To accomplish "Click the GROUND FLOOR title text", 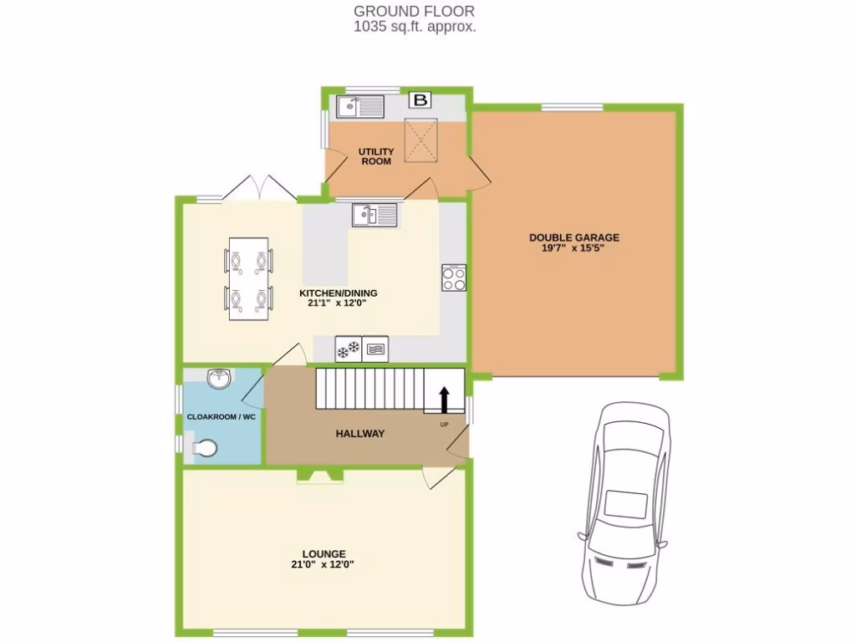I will [x=414, y=11].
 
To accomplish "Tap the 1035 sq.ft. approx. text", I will [x=414, y=26].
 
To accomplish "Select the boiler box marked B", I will [x=421, y=100].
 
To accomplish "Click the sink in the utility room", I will [x=360, y=106].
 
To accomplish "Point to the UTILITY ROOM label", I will [x=376, y=156].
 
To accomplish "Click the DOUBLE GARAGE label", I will [x=573, y=237].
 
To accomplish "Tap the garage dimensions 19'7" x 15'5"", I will [x=573, y=249].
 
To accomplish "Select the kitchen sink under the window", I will [x=374, y=215].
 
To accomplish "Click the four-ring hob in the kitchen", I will [x=454, y=278].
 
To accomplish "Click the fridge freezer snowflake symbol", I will [x=349, y=349].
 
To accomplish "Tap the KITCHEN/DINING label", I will [x=339, y=293].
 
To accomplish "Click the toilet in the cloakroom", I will [x=203, y=450].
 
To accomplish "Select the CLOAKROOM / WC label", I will [x=221, y=416].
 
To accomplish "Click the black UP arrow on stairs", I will [x=444, y=400].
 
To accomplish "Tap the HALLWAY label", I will [x=360, y=434].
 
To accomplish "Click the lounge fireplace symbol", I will [x=319, y=476].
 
